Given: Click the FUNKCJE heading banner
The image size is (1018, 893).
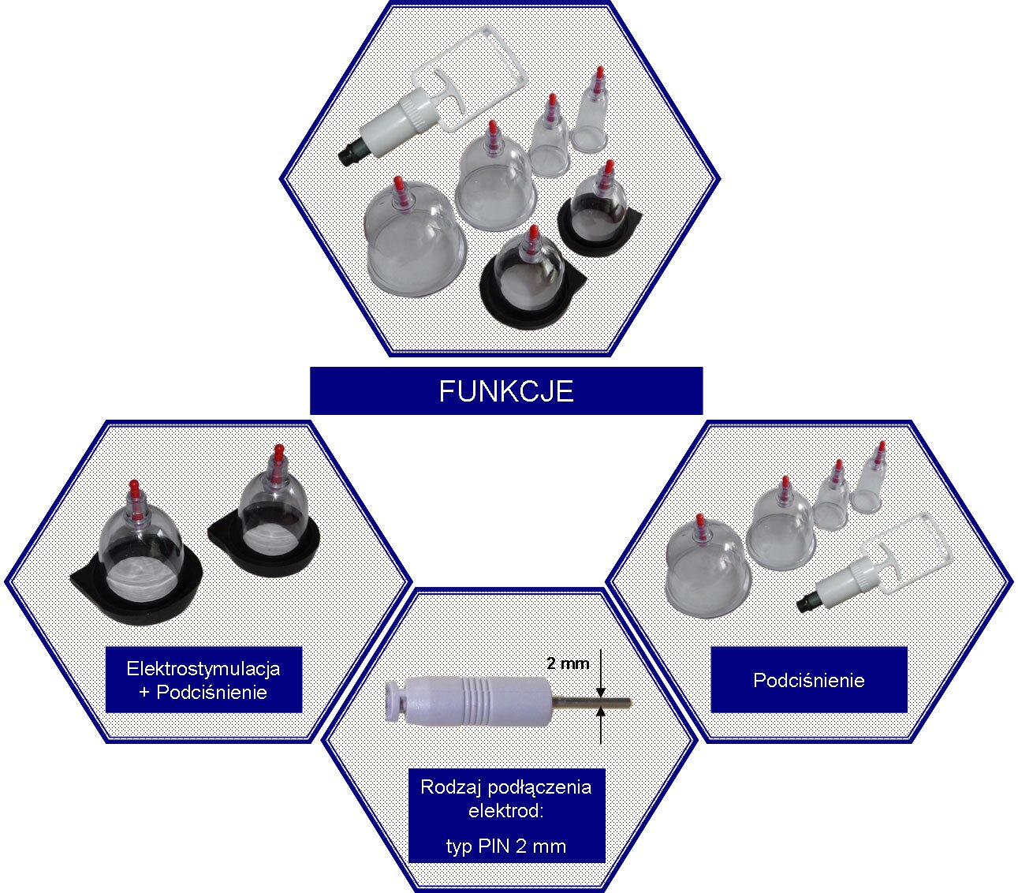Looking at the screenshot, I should coord(505,391).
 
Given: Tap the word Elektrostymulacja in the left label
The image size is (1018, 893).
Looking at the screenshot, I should coord(203,669).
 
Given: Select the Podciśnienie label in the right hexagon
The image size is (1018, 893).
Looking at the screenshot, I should coord(809,680).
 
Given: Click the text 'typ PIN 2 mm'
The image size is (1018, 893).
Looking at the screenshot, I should coord(506,846).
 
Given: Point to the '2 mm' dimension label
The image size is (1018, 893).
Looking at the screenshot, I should coord(568,663).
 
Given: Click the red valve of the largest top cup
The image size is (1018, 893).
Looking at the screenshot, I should coord(401,190).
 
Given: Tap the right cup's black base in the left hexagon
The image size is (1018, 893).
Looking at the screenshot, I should coord(268,548).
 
